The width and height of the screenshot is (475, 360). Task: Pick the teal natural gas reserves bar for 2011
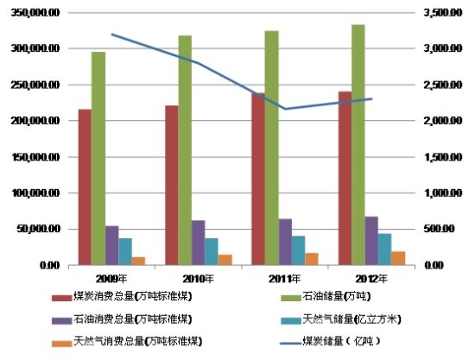[x=298, y=250]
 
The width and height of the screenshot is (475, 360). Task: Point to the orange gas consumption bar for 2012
[x=398, y=258]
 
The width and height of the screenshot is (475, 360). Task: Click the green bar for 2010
[x=185, y=150]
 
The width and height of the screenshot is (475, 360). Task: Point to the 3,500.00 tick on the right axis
[x=441, y=13]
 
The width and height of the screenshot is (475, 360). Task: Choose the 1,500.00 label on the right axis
[x=441, y=157]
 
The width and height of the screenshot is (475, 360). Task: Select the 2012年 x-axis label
[x=371, y=278]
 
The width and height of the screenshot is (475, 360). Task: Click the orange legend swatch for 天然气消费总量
[x=60, y=341]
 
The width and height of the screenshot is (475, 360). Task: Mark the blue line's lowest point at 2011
[x=285, y=109]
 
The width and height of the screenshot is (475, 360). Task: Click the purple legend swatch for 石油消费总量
[x=60, y=319]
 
